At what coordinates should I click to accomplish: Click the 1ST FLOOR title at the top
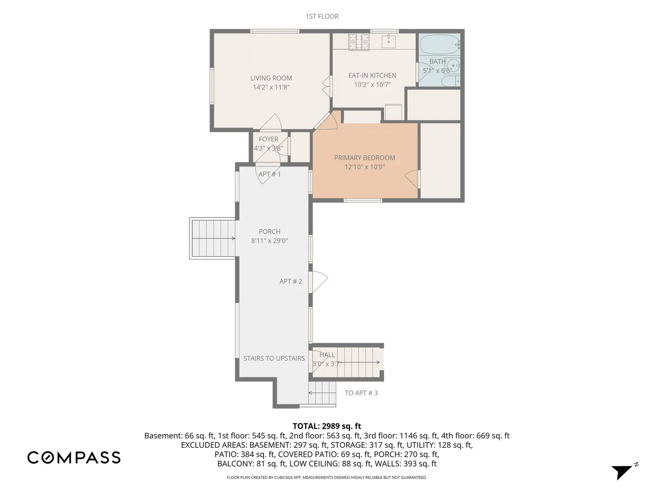[x=322, y=16]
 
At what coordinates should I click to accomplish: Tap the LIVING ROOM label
[x=271, y=78]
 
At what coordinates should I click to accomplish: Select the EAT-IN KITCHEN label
[x=372, y=76]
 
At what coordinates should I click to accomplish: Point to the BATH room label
[x=438, y=61]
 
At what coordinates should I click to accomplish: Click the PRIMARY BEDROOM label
[x=365, y=158]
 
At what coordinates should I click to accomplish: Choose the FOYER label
[x=268, y=139]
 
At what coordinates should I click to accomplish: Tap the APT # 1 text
[x=270, y=174]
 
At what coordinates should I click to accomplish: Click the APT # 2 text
[x=291, y=281]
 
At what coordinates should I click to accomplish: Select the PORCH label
[x=270, y=232]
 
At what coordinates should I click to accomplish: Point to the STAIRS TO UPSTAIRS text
[x=274, y=358]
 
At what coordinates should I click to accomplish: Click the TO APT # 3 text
[x=362, y=393]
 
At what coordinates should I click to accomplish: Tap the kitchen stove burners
[x=359, y=41]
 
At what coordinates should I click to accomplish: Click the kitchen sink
[x=389, y=41]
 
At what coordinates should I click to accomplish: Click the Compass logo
[x=74, y=458]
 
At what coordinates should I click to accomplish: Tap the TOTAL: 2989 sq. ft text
[x=327, y=426]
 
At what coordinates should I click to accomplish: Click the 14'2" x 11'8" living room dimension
[x=271, y=87]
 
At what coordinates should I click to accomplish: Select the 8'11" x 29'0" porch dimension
[x=270, y=241]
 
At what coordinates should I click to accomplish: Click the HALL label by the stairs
[x=327, y=355]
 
